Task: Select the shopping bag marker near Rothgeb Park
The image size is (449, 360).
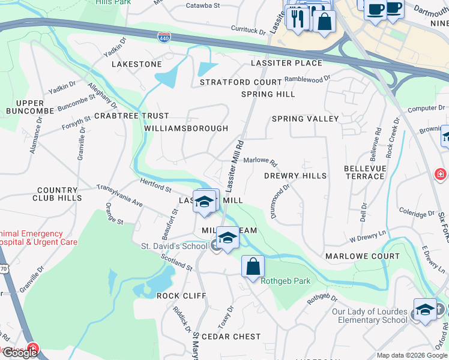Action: (253, 266)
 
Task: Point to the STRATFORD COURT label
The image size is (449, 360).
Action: (241, 82)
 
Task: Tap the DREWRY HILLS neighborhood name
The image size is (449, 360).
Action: (295, 176)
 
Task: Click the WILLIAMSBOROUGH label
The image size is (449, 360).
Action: (186, 128)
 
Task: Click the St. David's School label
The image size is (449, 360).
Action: (174, 246)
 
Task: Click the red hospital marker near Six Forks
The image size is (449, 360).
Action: (441, 174)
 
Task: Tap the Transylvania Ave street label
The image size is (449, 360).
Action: (119, 196)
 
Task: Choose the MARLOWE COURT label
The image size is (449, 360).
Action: (362, 256)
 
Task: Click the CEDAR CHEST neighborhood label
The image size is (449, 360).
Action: (231, 337)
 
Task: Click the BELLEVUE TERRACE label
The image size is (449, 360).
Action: (364, 172)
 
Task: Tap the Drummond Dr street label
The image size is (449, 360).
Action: (280, 201)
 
